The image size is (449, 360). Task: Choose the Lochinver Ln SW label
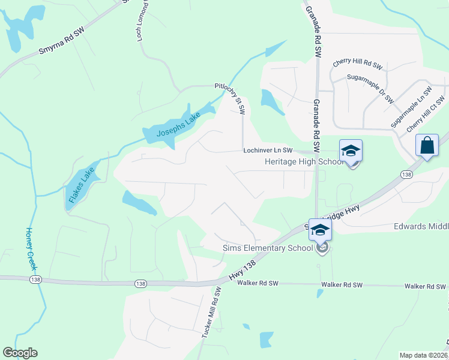tap(267, 151)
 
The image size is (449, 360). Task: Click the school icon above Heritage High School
tap(351, 150)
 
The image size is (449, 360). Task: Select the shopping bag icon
tap(427, 145)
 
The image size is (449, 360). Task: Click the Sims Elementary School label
tap(268, 248)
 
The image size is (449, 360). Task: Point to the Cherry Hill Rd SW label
tap(358, 64)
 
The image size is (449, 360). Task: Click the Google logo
tap(20, 353)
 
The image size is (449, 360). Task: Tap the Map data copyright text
tap(423, 355)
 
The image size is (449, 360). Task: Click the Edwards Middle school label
tap(421, 226)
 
